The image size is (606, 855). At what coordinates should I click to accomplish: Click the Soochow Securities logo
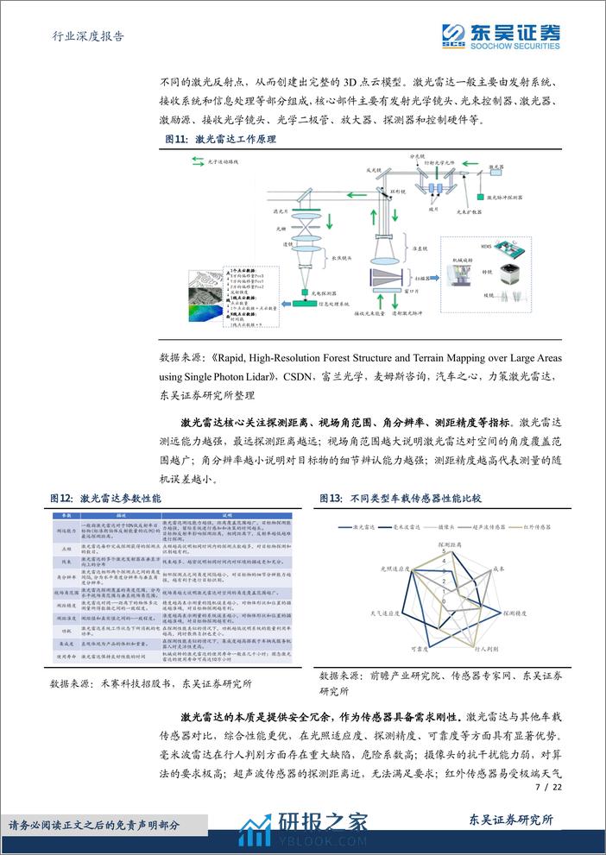(x=501, y=35)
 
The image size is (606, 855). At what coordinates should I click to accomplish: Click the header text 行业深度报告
(x=82, y=36)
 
